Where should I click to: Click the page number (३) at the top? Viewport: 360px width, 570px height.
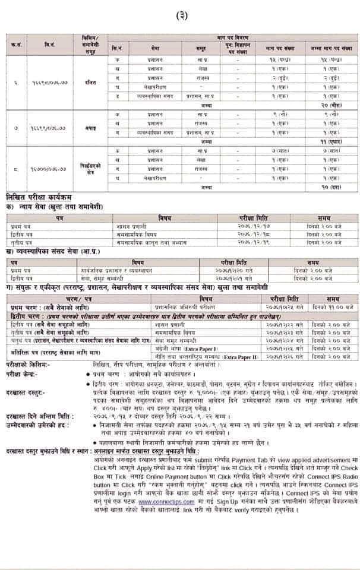click(181, 16)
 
